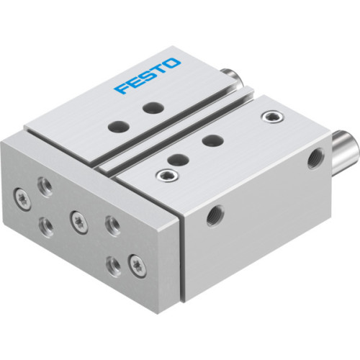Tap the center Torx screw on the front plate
76,217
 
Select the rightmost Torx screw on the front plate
135,261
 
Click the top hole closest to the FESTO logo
152,109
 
